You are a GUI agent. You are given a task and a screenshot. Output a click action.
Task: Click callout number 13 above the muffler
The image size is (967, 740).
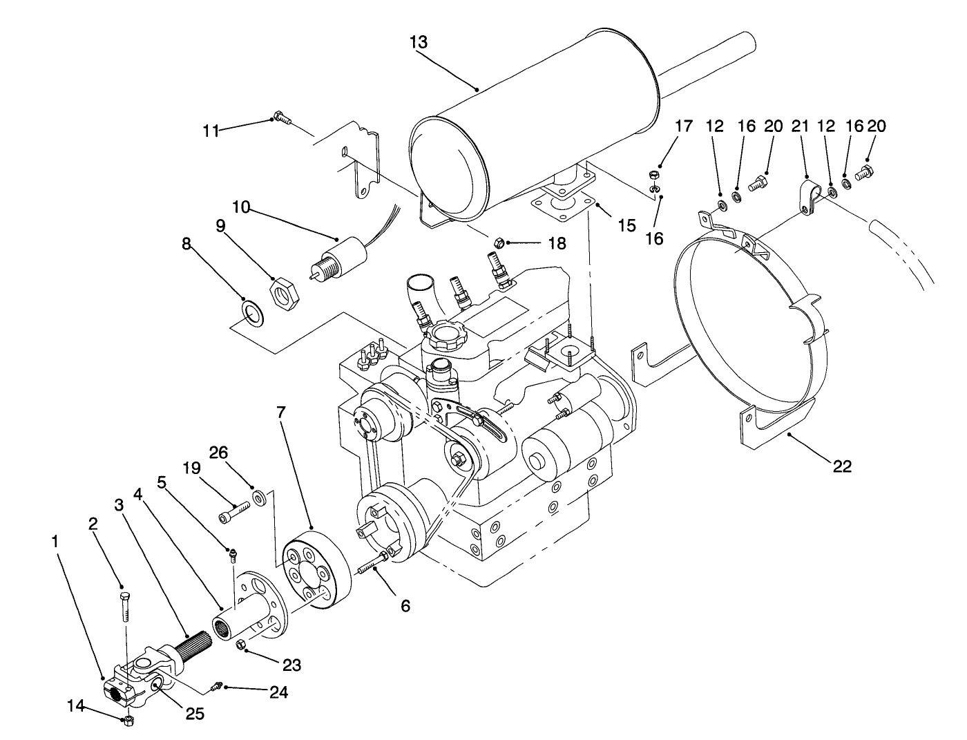pos(418,42)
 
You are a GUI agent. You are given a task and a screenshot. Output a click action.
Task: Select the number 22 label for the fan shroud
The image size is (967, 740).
pos(842,466)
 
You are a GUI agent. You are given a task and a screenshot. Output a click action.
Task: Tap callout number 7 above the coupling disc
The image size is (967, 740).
pos(280,412)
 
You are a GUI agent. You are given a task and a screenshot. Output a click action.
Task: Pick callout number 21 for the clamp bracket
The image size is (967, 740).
pos(800,126)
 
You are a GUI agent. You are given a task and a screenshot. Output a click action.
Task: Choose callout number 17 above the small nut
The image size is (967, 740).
pos(682,126)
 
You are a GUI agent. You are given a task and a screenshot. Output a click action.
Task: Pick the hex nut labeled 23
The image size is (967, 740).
pos(242,645)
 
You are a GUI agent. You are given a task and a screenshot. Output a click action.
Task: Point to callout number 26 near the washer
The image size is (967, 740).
pos(218,453)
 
